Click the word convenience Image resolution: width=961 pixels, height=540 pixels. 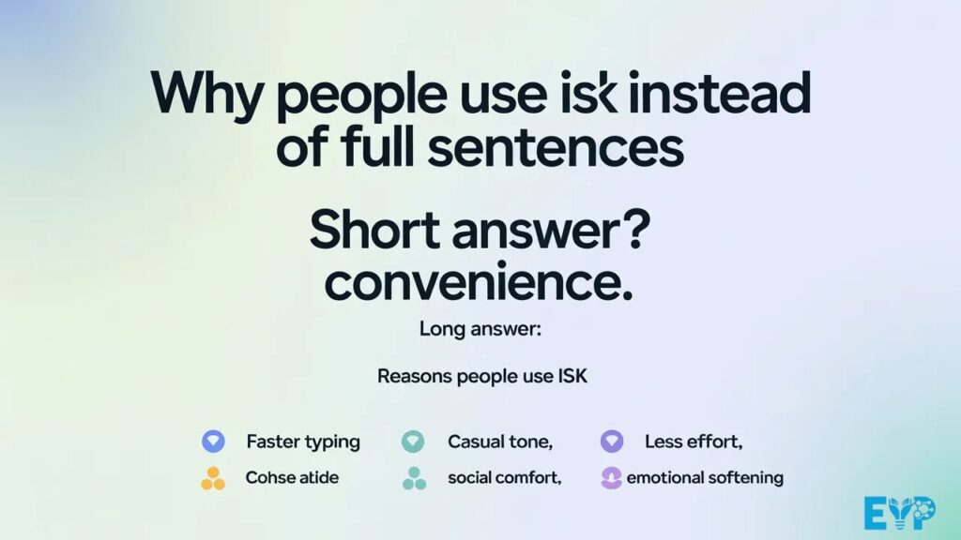[x=479, y=282]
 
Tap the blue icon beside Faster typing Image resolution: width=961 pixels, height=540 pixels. [x=213, y=441]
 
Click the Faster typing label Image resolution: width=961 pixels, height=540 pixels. [x=302, y=442]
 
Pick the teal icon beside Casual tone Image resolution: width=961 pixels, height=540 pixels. [x=412, y=441]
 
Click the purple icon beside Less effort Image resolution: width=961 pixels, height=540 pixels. [x=612, y=441]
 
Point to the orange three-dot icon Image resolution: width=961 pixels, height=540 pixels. [x=213, y=478]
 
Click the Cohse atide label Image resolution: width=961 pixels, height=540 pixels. [x=292, y=478]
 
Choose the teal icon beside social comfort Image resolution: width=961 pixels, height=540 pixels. [x=413, y=478]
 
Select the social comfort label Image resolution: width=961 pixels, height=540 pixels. [x=504, y=478]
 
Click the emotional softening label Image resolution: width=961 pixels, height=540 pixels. [x=704, y=478]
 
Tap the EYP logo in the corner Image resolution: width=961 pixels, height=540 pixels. [x=899, y=513]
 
